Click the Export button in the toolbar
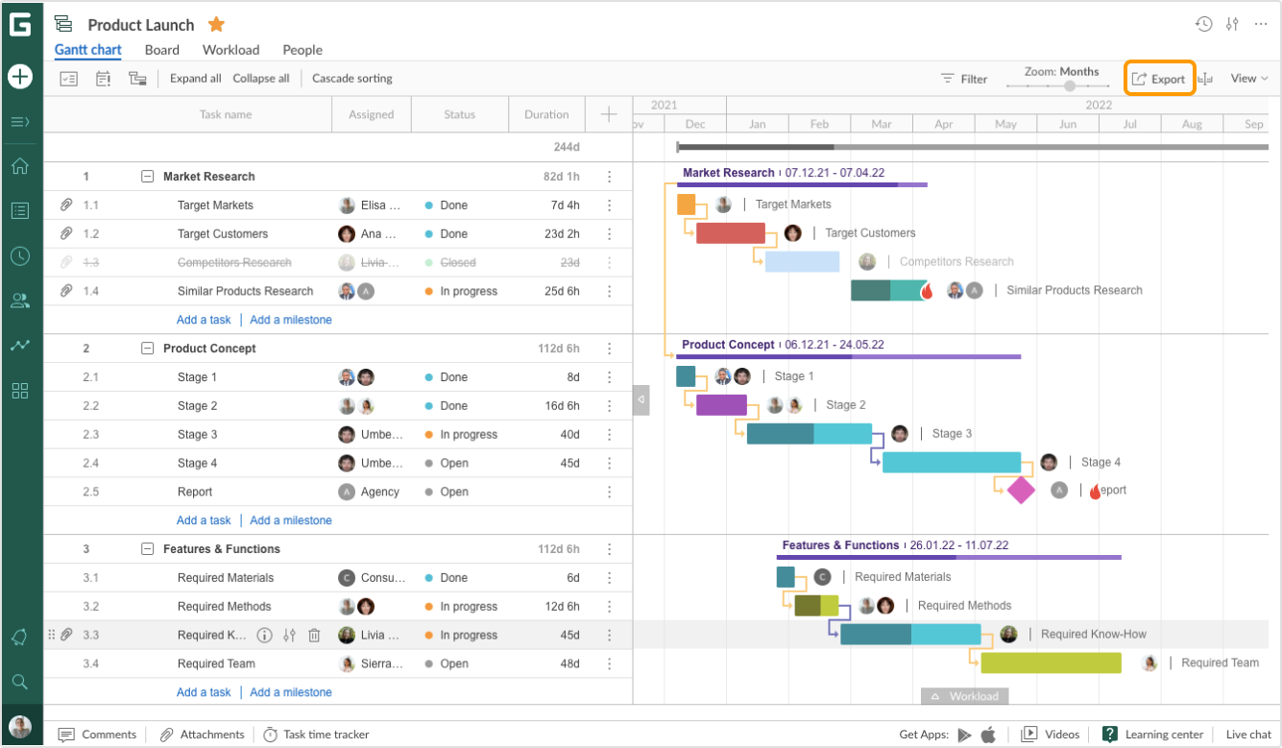pos(1159,79)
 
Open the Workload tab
pos(230,50)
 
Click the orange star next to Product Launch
pos(217,25)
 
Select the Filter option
pos(964,79)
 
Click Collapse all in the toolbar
pos(260,79)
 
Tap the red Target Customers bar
pos(730,233)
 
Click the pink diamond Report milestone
pos(1020,491)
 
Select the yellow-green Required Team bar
pos(1051,663)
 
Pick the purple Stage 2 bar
pos(721,405)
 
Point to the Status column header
pos(459,114)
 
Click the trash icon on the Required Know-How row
pos(314,635)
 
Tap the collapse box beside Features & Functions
pos(147,549)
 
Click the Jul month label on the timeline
pos(1129,124)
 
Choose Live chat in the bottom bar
pos(1248,735)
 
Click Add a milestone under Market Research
pos(291,320)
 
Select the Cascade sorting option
pos(351,79)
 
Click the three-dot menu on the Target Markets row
pos(609,205)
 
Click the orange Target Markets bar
pos(686,205)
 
